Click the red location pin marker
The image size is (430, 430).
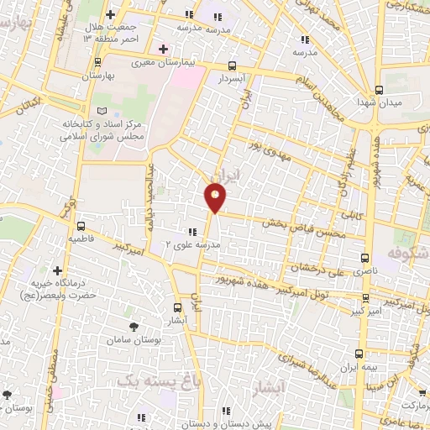216,198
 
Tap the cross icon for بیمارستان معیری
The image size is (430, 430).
163,50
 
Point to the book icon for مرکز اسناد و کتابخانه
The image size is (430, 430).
102,111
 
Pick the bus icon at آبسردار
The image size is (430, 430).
233,66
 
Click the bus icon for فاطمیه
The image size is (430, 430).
81,225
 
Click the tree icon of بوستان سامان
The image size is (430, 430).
134,326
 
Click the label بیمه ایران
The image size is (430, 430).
359,366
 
